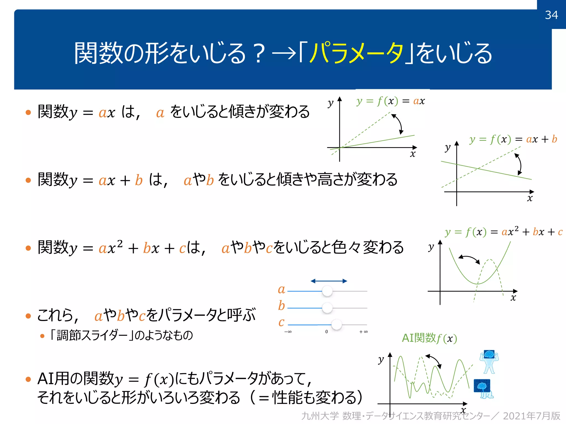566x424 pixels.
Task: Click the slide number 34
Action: (x=551, y=15)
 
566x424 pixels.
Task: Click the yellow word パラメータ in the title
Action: (x=356, y=53)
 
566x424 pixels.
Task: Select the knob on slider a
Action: (x=327, y=291)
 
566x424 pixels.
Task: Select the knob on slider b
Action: (x=327, y=308)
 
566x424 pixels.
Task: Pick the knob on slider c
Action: (x=336, y=325)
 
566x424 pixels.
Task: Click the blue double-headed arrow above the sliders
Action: (x=329, y=281)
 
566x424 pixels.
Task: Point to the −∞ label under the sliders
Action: (x=288, y=332)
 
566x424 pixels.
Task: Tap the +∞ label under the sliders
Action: (x=363, y=332)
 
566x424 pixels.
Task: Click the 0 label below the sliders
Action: (x=326, y=332)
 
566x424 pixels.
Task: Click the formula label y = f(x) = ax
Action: (x=390, y=101)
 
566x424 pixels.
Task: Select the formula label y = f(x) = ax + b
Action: (x=513, y=139)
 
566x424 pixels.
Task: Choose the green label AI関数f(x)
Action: (x=429, y=338)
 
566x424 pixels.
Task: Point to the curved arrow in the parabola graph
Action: (x=469, y=259)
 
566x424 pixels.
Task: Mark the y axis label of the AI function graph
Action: (x=381, y=359)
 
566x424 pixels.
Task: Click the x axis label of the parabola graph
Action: (x=513, y=298)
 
